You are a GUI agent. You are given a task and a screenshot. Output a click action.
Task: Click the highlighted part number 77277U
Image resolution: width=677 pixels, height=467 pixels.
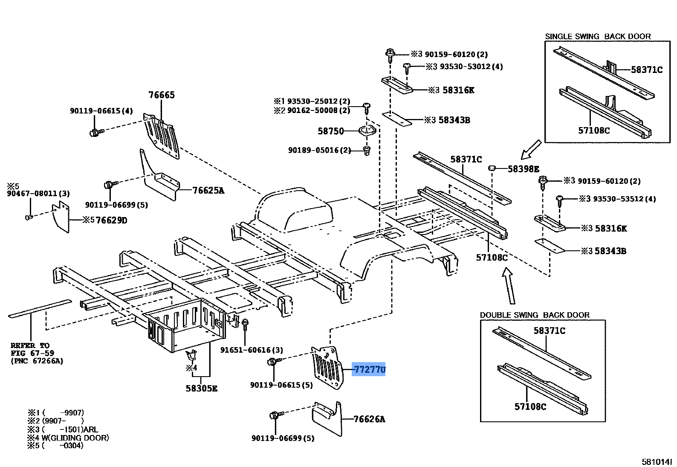(369, 369)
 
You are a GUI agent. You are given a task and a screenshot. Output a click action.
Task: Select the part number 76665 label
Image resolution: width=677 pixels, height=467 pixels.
(162, 95)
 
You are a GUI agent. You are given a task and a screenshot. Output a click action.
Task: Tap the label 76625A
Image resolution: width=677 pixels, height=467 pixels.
(208, 191)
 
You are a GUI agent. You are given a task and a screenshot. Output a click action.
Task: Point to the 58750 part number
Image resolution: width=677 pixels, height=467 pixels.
(331, 131)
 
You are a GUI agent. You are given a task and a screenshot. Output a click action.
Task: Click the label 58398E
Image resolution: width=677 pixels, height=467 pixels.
(523, 169)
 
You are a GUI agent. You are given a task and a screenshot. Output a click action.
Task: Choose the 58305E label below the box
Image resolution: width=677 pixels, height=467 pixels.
(202, 389)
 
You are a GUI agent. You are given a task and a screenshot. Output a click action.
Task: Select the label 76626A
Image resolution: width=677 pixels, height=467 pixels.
(369, 419)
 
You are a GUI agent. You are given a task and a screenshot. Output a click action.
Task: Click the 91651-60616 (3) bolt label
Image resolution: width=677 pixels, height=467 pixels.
(252, 350)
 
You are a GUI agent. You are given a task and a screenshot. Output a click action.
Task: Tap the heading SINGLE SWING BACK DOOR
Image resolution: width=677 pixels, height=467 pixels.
(598, 36)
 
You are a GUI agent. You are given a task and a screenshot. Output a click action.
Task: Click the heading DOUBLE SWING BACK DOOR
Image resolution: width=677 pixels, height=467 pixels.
(535, 315)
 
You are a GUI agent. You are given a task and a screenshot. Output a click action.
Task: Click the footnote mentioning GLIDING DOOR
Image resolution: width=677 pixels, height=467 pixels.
(68, 438)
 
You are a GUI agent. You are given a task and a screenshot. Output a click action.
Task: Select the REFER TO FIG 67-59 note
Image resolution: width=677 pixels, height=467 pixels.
(37, 353)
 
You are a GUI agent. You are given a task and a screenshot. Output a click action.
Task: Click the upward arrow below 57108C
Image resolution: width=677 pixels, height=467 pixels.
(509, 285)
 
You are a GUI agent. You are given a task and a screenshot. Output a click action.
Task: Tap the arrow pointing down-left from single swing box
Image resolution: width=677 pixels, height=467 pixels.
(530, 150)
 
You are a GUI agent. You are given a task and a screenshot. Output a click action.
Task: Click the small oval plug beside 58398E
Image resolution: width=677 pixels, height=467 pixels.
(492, 168)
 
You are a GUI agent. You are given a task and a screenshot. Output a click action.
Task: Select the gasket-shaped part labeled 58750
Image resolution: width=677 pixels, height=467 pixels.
(367, 131)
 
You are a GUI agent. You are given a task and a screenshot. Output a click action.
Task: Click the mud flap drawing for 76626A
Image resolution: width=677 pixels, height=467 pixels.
(327, 419)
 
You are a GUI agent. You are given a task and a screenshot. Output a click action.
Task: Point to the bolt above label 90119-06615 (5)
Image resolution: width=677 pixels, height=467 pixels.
(274, 361)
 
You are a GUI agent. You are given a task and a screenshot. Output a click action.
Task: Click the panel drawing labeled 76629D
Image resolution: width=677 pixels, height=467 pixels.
(61, 217)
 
